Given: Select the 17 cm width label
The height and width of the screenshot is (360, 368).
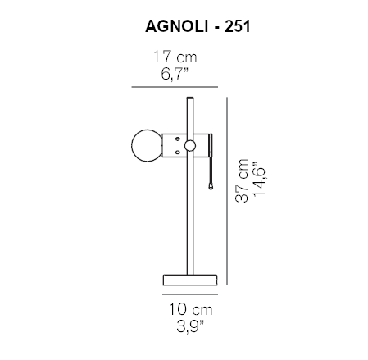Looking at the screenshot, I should coord(175,58).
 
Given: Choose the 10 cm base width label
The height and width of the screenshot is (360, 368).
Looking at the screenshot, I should coord(190,311).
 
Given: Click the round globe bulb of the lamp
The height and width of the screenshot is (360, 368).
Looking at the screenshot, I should coord(147,146).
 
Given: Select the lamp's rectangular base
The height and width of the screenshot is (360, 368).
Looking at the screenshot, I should coord(190,279).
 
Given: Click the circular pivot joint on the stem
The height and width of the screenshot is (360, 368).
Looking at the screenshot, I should coord(190,146).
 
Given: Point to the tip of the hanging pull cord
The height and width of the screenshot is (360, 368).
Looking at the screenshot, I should coord(211,187).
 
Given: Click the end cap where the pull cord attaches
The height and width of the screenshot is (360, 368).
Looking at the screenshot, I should coord(210,146).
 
